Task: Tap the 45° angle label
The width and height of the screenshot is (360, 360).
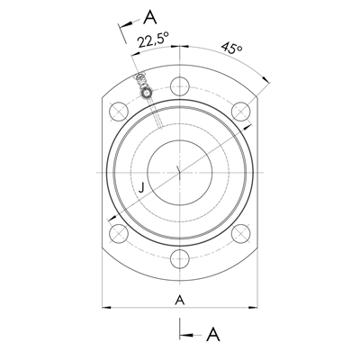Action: click(x=232, y=48)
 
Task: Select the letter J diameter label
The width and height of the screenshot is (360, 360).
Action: click(x=141, y=188)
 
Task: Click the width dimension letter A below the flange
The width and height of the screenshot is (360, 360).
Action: click(x=180, y=300)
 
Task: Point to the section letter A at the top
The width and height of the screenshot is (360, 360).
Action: click(x=150, y=17)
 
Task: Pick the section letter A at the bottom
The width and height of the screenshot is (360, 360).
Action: click(x=213, y=334)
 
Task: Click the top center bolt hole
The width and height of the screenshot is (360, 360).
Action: click(x=180, y=86)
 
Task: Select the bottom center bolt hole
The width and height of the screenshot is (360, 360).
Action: click(x=180, y=259)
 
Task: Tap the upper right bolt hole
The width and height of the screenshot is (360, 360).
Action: click(x=241, y=112)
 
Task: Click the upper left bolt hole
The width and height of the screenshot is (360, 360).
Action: click(x=119, y=112)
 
